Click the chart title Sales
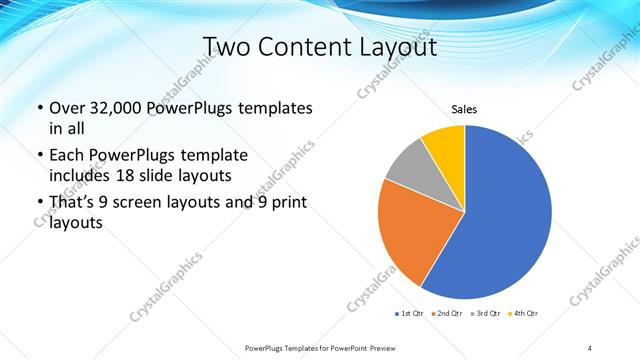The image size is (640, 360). [x=464, y=109]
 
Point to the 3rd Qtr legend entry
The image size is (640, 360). [x=487, y=314]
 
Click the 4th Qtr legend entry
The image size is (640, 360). [x=524, y=314]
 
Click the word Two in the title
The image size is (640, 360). [x=226, y=46]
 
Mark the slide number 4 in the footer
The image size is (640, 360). [x=589, y=347]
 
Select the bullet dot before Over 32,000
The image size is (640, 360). [x=40, y=108]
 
